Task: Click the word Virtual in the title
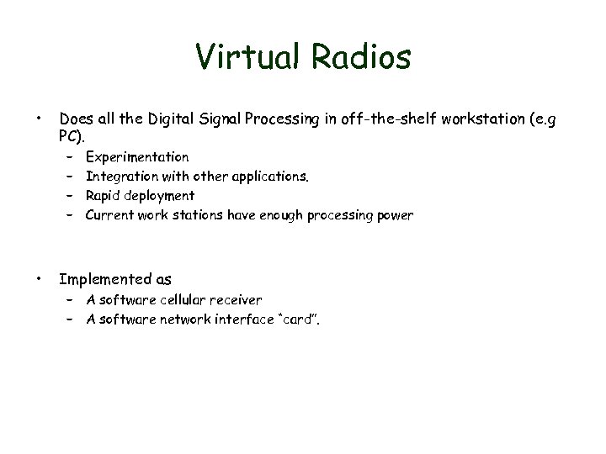244,57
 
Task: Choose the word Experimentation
137,157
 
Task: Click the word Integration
119,177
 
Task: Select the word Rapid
104,196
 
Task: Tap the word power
395,216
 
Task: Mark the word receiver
236,299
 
